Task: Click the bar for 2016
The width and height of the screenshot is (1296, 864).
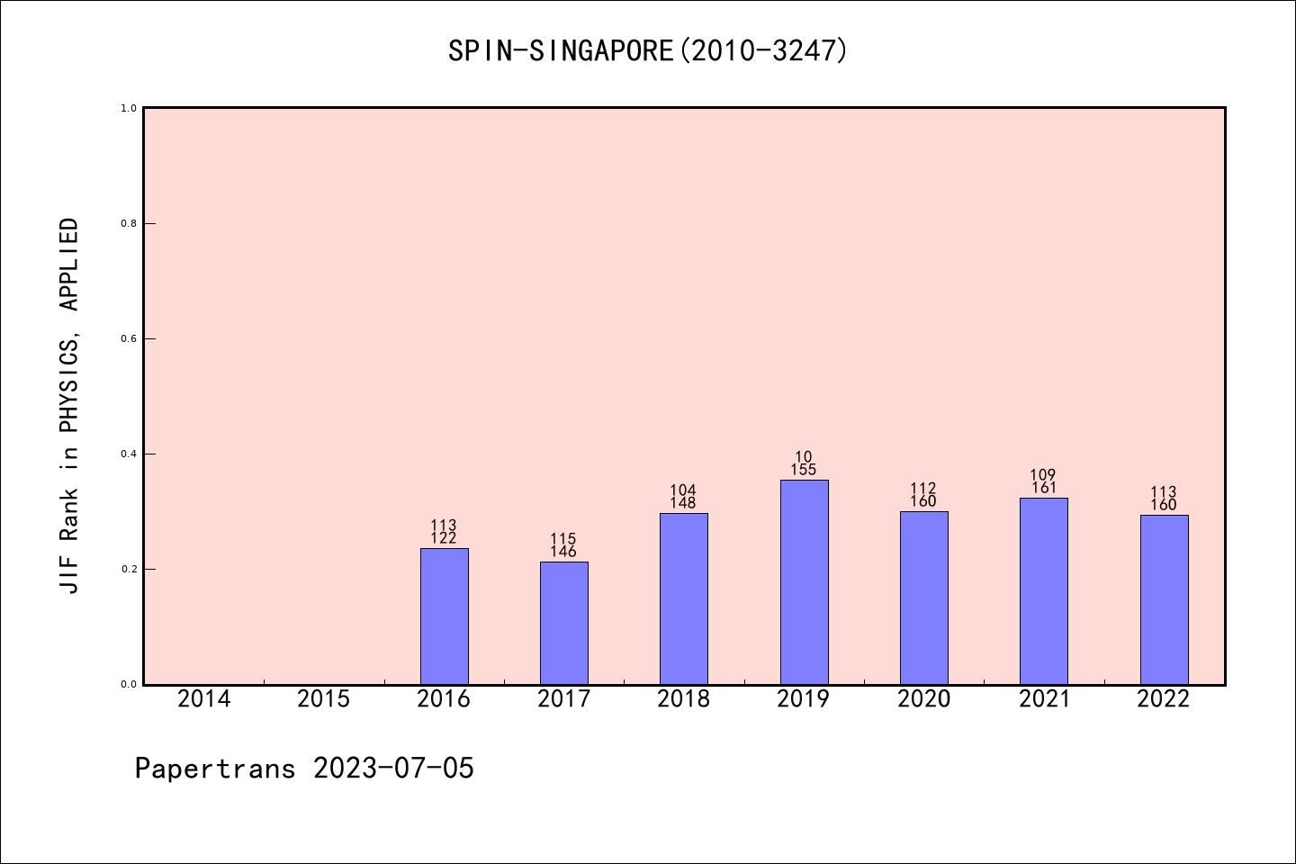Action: pos(444,616)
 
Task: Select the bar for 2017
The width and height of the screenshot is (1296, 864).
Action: pos(563,623)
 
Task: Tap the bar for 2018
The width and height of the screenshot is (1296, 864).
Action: pos(683,598)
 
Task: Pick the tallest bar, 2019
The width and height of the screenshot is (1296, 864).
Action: pos(804,582)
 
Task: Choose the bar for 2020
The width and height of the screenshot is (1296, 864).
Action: pos(923,598)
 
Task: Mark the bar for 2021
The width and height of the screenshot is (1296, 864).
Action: pos(1043,591)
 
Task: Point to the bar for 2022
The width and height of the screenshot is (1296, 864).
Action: pos(1164,599)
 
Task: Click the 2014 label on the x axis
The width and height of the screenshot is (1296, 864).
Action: pos(203,699)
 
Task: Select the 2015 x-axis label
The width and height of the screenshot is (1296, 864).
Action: pos(323,699)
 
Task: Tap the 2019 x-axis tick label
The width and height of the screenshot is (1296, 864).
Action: pos(804,699)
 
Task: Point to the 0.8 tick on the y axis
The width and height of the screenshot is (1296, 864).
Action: pos(129,223)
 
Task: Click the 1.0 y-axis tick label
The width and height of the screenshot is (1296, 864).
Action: pos(129,108)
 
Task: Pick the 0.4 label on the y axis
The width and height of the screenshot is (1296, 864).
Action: pos(129,454)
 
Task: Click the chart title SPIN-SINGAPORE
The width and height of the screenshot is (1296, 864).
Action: pos(648,50)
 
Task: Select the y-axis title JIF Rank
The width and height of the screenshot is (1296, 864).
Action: pos(69,405)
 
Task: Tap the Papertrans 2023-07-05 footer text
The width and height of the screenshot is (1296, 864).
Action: pos(304,769)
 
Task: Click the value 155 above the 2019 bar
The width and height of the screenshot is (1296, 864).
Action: pos(804,470)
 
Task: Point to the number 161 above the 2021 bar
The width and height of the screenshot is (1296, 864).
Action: pos(1043,488)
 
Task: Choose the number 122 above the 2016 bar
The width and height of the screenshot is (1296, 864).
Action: pos(444,538)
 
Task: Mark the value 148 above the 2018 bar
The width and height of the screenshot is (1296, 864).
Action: pos(683,503)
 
